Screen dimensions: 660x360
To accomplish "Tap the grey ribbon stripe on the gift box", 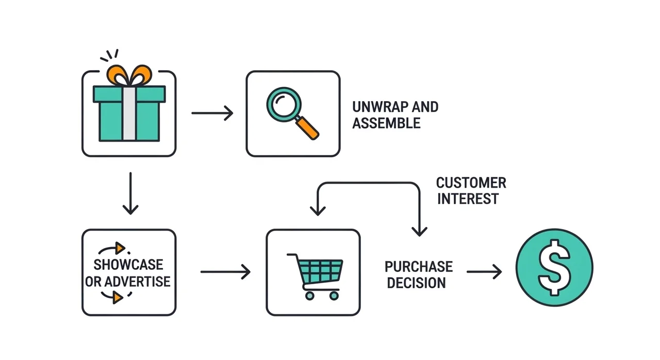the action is click(x=129, y=113).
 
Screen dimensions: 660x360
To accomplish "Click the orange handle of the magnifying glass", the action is click(x=308, y=128).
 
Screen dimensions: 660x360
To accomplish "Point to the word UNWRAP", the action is click(x=378, y=107).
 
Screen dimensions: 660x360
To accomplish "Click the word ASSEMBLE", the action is click(x=386, y=123).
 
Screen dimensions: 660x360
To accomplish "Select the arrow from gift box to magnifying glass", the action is click(x=212, y=113).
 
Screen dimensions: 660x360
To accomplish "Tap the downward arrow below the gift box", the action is click(x=130, y=193).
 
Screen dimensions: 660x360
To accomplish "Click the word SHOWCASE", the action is click(x=128, y=265).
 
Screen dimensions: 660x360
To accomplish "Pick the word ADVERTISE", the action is click(x=138, y=282).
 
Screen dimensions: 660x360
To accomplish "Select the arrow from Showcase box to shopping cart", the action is click(x=225, y=272).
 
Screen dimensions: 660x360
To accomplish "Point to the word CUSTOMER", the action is click(x=471, y=183).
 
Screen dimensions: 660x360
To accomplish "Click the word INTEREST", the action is click(x=468, y=199).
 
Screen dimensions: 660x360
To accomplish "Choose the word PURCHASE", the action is click(x=418, y=267).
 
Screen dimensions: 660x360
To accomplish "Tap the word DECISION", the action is click(x=416, y=283).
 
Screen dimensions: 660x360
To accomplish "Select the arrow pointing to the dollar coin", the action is click(x=484, y=272).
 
